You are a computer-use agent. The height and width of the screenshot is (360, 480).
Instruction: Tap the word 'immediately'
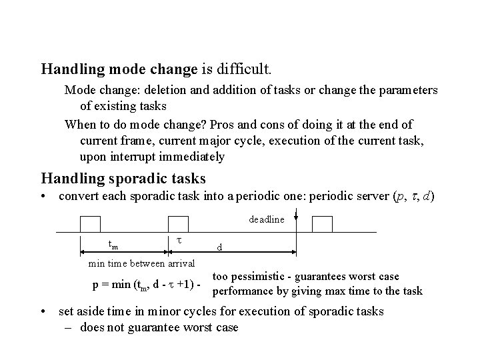tap(192, 157)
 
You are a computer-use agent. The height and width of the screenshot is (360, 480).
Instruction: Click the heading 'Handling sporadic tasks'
tap(123, 178)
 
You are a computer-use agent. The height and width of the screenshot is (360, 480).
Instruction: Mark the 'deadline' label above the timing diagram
tap(266, 219)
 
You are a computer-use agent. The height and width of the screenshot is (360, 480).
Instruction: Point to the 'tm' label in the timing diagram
tap(113, 243)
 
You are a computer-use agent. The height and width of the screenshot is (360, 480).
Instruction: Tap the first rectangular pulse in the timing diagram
tap(90, 225)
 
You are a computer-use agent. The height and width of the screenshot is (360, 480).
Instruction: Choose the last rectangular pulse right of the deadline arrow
tap(322, 225)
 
